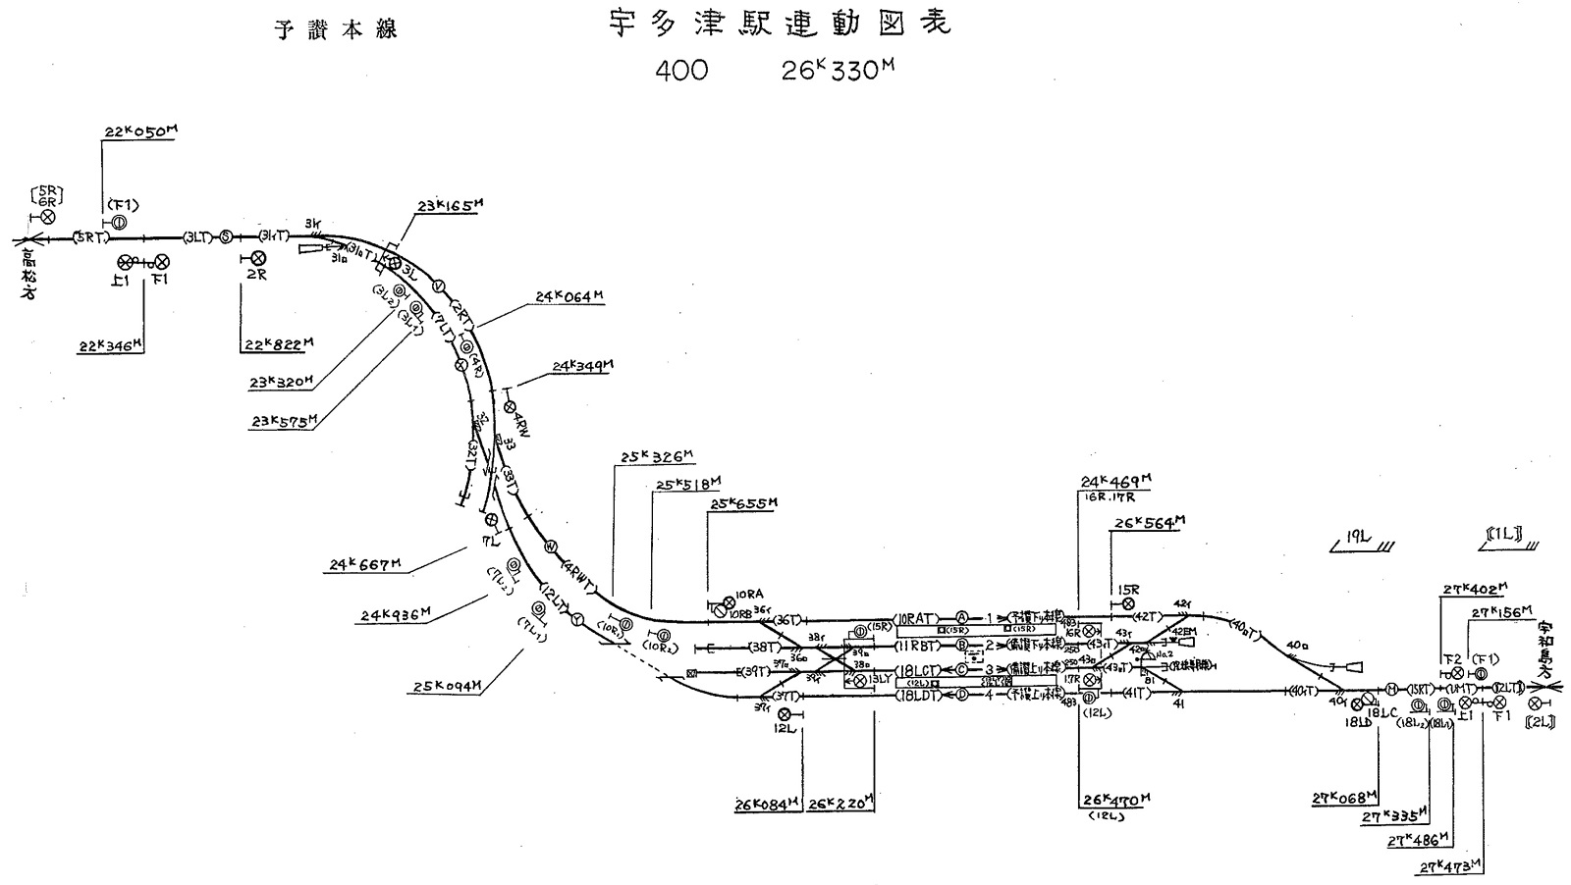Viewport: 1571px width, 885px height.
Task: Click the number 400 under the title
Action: pos(679,73)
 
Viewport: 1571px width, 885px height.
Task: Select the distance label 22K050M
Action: pos(139,132)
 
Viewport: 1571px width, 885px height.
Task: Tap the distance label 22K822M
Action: pos(278,344)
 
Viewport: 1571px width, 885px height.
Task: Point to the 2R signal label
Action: pos(256,276)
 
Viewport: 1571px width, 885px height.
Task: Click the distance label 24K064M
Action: pos(569,296)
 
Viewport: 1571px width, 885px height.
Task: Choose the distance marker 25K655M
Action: pos(743,503)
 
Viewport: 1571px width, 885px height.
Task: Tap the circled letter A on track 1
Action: pos(962,617)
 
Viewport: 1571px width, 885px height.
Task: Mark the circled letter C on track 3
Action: pos(962,670)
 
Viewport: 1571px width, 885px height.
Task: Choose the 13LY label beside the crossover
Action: pos(879,679)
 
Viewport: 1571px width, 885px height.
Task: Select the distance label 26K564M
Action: pos(1147,523)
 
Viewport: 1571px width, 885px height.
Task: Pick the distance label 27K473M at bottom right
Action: pos(1450,866)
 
